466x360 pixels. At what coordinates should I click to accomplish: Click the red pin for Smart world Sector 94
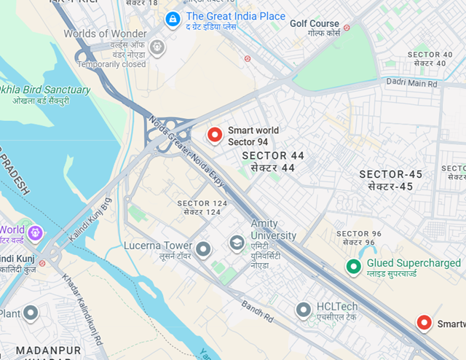point(214,134)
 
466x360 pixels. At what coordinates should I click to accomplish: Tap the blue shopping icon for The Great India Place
point(173,17)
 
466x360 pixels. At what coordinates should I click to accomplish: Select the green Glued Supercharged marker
point(353,267)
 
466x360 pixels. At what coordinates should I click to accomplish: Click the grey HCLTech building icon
point(304,310)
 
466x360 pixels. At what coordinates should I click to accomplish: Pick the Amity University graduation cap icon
point(237,242)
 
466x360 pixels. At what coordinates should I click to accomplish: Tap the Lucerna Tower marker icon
point(203,249)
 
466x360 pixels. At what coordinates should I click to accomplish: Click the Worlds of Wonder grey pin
point(157,48)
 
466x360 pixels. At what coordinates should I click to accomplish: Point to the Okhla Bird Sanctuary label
point(45,90)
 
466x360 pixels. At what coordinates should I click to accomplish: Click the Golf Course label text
point(315,23)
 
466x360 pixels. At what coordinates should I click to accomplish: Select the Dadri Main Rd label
point(413,85)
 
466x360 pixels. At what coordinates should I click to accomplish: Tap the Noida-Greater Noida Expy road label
point(188,147)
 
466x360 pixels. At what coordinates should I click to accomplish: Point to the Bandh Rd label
point(257,315)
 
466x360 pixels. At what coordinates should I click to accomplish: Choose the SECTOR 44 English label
point(273,156)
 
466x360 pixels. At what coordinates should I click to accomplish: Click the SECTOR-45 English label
point(390,174)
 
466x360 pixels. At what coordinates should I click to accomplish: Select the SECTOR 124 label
point(202,203)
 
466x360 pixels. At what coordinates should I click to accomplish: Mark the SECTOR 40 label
point(430,55)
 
